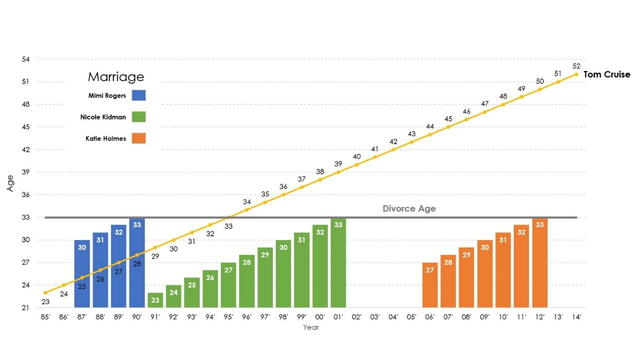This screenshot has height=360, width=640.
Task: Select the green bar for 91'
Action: [155, 300]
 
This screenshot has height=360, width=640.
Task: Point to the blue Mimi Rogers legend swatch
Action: [138, 95]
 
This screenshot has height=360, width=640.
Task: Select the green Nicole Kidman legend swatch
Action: [138, 117]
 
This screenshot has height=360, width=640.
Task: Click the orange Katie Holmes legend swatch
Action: [138, 138]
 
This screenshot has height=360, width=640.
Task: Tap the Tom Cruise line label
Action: [607, 74]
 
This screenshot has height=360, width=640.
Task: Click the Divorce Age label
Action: [409, 208]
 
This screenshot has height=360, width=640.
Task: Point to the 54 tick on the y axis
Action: [26, 59]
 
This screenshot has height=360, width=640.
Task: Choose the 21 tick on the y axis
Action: [26, 307]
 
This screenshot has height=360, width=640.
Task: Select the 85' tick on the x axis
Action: [45, 316]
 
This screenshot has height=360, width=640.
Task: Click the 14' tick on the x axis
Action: [576, 316]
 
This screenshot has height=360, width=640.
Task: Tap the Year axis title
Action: [310, 327]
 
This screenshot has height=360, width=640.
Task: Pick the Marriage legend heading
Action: [115, 76]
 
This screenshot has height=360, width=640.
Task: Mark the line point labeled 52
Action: [576, 74]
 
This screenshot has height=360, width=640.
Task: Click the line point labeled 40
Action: [356, 164]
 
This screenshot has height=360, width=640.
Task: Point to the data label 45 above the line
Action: [448, 119]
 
